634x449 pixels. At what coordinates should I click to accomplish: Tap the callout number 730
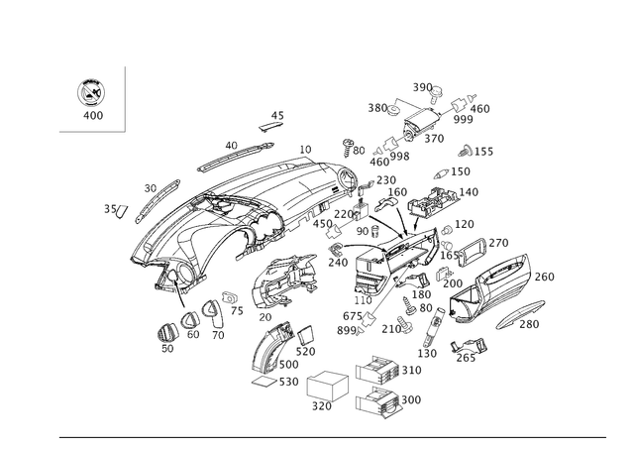click(x=532, y=323)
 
